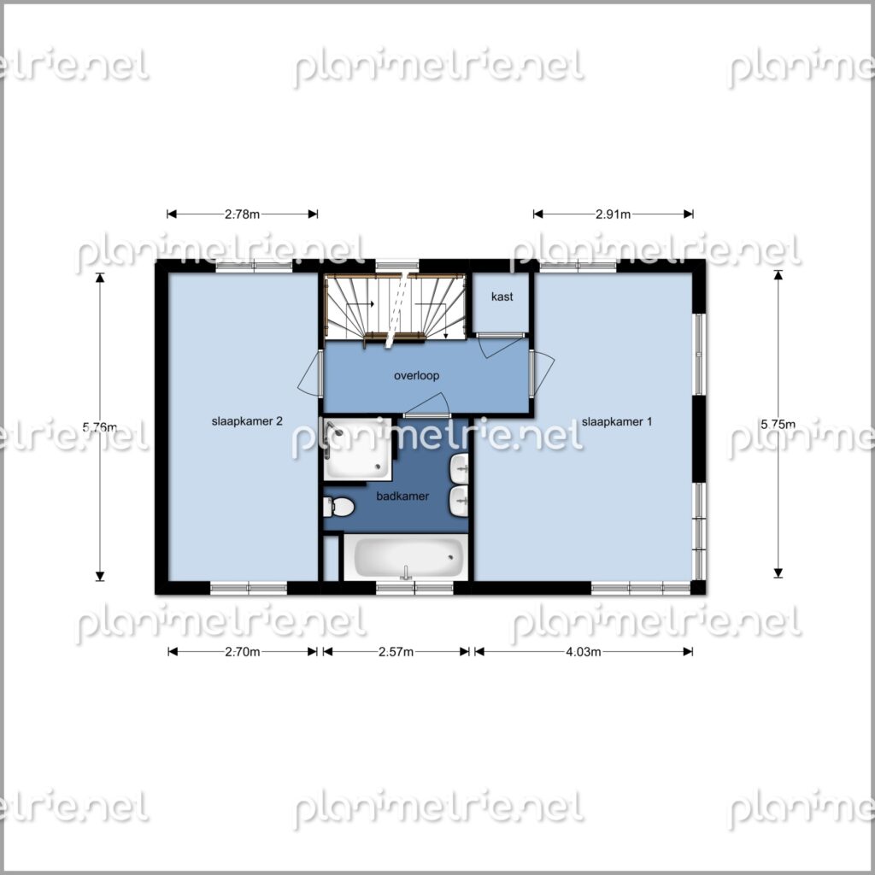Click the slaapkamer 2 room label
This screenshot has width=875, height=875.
[247, 421]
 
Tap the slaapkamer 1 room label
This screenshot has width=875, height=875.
[617, 422]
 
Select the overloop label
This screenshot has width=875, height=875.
[416, 376]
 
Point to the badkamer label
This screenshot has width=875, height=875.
[402, 496]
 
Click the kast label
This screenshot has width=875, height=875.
[502, 297]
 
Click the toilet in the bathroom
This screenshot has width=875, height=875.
[338, 508]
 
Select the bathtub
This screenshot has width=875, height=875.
[406, 557]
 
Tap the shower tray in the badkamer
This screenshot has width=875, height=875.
[358, 449]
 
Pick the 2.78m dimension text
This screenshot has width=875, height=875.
[242, 214]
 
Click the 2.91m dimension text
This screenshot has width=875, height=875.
[613, 214]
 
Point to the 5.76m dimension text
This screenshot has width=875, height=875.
[100, 427]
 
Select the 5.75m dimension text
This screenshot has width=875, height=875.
[778, 425]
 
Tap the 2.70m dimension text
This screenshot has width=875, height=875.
[242, 652]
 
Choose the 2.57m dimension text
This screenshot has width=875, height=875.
[396, 652]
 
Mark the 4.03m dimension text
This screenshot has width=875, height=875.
[583, 652]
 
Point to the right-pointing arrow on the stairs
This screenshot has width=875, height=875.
[360, 304]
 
